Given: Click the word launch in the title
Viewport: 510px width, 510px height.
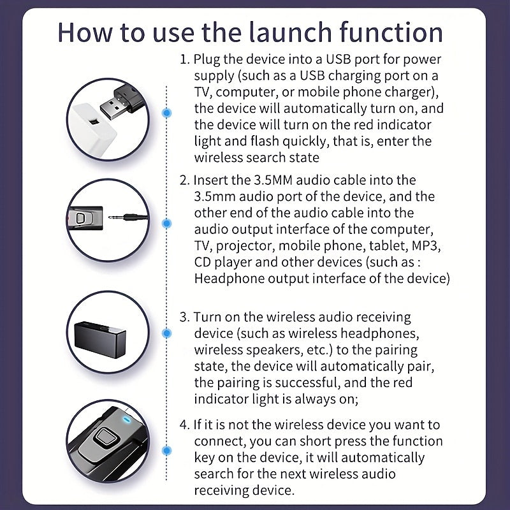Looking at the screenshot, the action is click(291, 33).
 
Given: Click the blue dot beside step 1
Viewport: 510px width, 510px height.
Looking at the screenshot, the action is click(167, 113).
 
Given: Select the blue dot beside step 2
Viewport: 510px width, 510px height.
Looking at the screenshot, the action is click(167, 223).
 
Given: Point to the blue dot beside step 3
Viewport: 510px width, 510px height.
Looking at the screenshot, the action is click(167, 333).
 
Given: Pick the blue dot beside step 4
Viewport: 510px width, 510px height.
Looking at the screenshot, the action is click(167, 451).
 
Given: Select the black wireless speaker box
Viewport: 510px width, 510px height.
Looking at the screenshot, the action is click(100, 339).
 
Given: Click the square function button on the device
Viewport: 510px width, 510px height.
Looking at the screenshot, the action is click(104, 437).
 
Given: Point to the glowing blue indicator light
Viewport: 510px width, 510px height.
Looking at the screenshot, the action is click(126, 419).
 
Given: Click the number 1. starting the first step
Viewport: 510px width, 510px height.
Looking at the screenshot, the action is click(185, 59).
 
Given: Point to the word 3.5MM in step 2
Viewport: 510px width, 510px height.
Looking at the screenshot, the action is click(273, 180).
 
